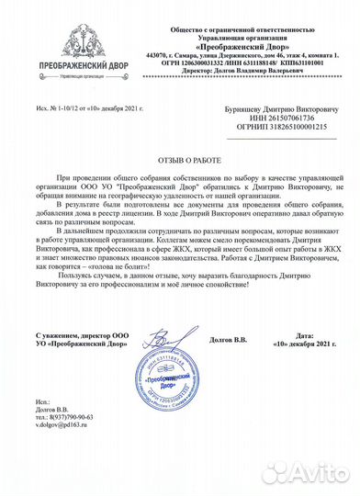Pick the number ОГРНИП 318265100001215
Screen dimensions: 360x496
click(x=275, y=130)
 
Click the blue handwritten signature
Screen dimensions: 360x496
click(x=165, y=354)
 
